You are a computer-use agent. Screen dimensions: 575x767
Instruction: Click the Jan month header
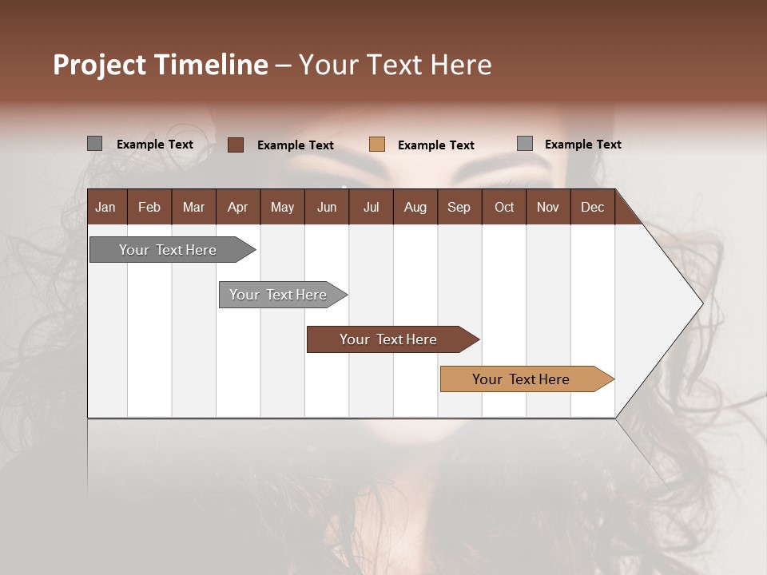(106, 207)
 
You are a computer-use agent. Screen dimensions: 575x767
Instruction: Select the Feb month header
(149, 207)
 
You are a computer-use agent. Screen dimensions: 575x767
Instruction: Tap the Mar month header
(193, 207)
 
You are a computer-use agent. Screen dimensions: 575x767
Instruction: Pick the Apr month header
(238, 207)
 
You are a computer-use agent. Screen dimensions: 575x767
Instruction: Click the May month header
(282, 207)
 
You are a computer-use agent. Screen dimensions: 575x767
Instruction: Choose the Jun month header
(327, 207)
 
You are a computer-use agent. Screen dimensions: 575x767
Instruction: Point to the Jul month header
(371, 207)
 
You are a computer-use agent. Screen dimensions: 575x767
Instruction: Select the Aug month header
(415, 207)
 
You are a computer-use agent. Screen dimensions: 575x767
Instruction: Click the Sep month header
(459, 207)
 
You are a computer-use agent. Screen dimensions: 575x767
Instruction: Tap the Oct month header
(504, 207)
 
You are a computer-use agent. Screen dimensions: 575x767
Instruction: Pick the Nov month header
(548, 207)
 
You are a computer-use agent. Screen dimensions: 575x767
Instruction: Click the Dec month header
(593, 207)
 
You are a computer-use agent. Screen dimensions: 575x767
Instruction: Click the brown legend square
(236, 145)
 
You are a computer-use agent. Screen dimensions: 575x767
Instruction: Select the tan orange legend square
(377, 145)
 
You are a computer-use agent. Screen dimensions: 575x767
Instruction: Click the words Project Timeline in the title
(161, 65)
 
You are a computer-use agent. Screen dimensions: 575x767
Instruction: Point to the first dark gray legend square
(94, 144)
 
